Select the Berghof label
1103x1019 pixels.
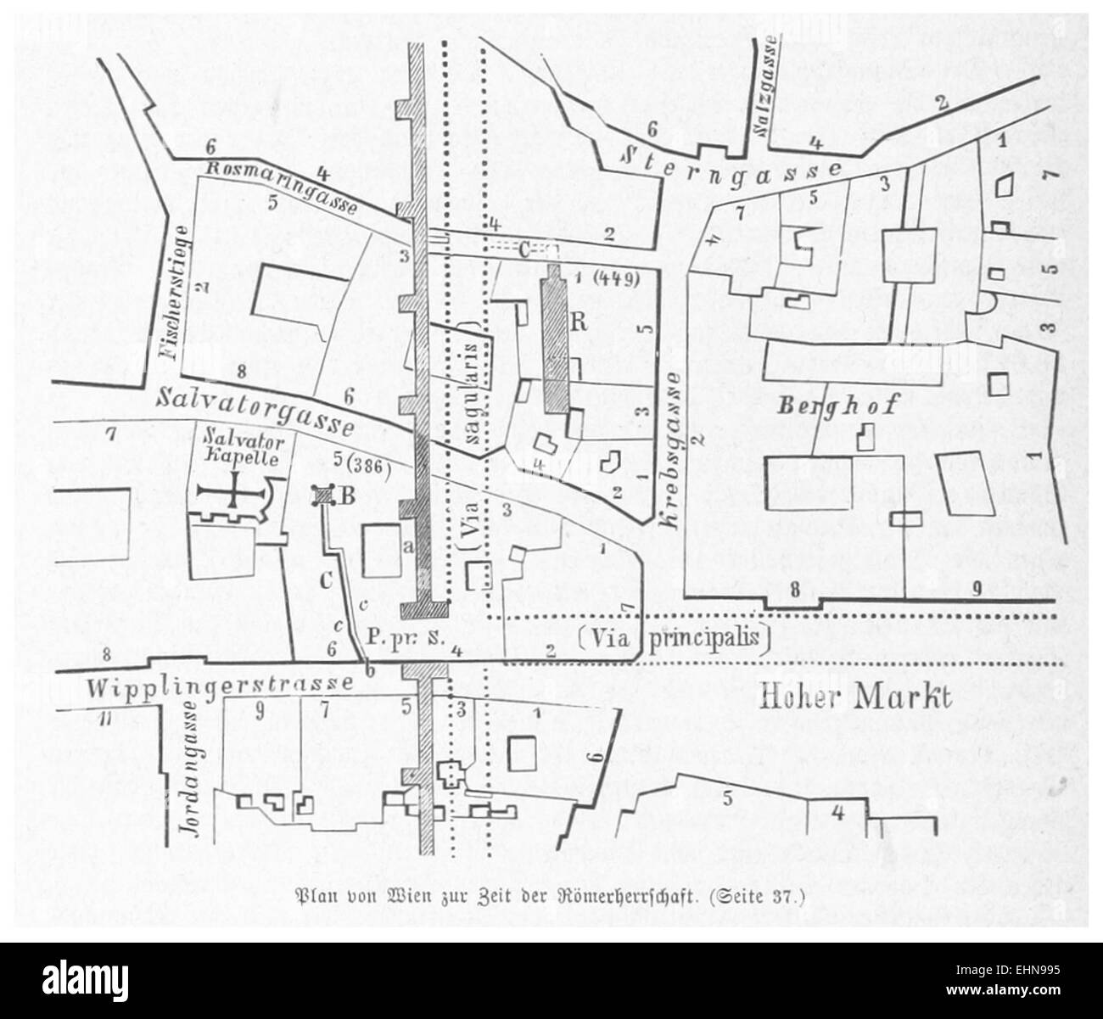pos(837,406)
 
